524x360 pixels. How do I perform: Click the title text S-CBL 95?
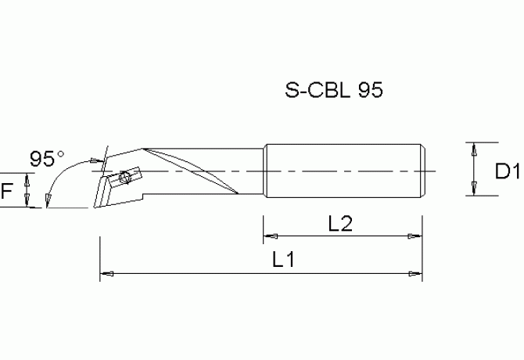[333, 91]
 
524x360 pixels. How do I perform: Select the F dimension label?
[7, 190]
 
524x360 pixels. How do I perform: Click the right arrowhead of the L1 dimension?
[416, 273]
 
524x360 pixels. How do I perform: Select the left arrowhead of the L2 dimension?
[268, 235]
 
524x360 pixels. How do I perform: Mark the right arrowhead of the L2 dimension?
[416, 235]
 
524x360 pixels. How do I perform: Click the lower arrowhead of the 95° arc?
[48, 200]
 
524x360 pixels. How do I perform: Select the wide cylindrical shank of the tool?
[344, 171]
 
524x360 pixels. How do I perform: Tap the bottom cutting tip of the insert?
[95, 207]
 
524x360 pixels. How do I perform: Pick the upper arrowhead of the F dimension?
[27, 178]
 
